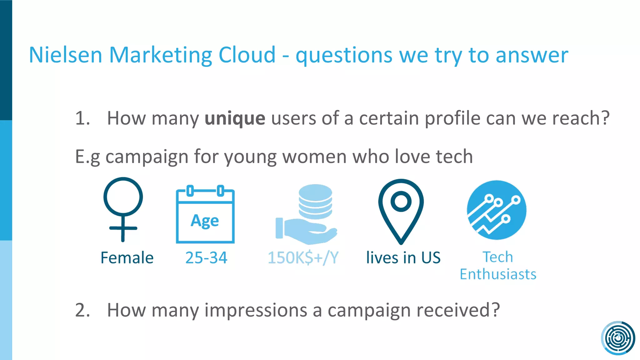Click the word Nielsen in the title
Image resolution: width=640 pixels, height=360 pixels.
tap(65, 55)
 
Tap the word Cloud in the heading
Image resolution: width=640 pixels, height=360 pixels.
tap(247, 55)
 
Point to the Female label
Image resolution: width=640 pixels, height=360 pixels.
tap(127, 258)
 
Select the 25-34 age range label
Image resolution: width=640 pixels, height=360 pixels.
tap(206, 258)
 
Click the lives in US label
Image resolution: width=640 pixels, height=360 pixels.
tap(403, 258)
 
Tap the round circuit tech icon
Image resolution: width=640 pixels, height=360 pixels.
tap(497, 210)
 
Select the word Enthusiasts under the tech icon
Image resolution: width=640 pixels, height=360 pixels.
tap(498, 274)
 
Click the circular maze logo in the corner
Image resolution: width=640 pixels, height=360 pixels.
tap(618, 338)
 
